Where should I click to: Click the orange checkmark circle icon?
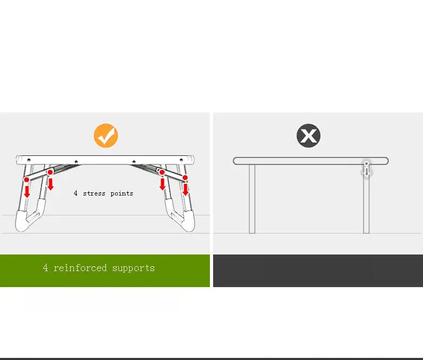(x=106, y=136)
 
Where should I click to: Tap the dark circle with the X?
(x=308, y=136)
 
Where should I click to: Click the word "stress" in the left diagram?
(x=94, y=193)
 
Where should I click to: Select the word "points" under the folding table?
(x=122, y=193)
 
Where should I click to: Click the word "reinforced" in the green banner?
(x=80, y=268)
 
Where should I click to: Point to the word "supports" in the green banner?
(x=133, y=268)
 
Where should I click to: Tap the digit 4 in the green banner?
(x=46, y=268)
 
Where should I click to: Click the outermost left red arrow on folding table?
(x=27, y=190)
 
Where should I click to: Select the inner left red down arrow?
(x=50, y=184)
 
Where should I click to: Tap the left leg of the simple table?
(x=252, y=198)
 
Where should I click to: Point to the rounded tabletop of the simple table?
(x=300, y=161)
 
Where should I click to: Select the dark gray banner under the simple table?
(x=318, y=271)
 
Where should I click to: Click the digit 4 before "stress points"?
(x=76, y=193)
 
